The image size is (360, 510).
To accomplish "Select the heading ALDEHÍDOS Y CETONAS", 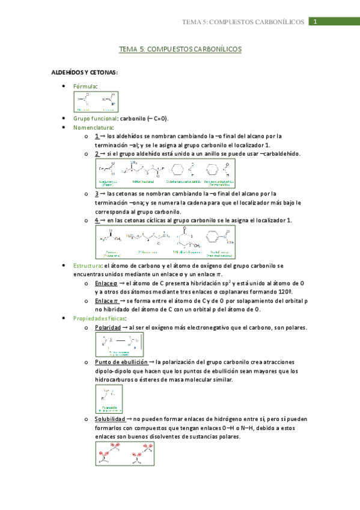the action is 84,72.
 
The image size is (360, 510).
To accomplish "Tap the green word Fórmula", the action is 85,87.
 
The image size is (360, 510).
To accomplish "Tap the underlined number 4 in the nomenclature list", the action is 97,220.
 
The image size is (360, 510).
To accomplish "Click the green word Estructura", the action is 87,265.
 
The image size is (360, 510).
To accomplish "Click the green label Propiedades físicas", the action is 100,318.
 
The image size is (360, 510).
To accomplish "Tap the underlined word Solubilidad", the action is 110,419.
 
